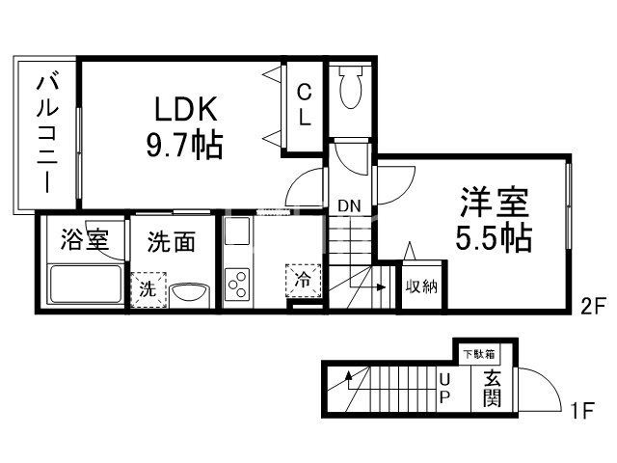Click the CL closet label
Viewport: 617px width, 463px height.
click(x=303, y=105)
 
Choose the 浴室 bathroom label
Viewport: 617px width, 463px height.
click(x=83, y=240)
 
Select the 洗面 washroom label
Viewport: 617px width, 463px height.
click(x=171, y=240)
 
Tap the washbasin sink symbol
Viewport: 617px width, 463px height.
click(x=190, y=292)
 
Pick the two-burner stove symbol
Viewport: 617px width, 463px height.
click(x=237, y=282)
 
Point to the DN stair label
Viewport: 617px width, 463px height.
click(x=348, y=204)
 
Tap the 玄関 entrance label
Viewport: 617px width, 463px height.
click(x=492, y=388)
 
